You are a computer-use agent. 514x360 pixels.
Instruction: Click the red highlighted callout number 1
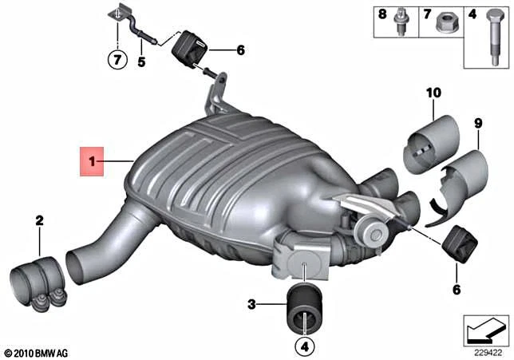click(x=92, y=162)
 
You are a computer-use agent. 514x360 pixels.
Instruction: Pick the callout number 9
click(x=479, y=122)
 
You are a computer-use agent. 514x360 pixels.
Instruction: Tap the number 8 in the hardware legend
click(x=382, y=14)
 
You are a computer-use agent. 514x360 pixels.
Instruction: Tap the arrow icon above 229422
click(x=485, y=328)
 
